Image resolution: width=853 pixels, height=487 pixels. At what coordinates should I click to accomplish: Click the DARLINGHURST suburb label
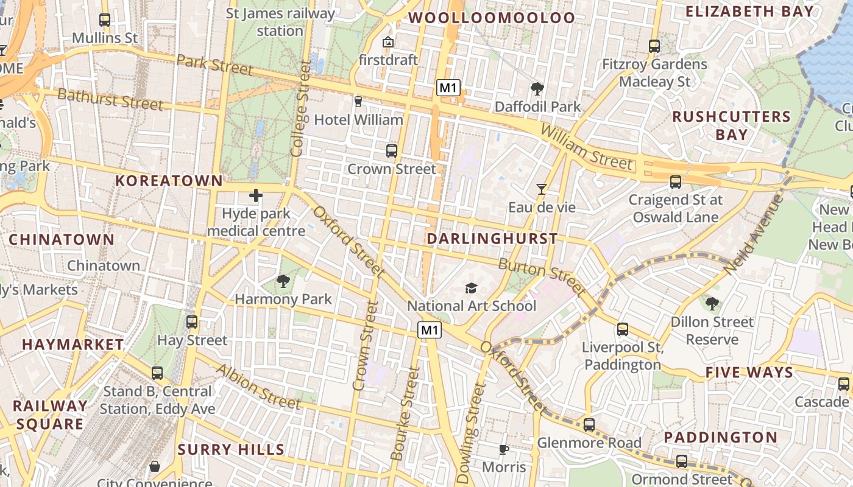492,239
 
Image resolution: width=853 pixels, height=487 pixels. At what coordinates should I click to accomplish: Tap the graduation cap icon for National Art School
471,288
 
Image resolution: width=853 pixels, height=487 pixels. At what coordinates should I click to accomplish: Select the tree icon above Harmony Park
283,281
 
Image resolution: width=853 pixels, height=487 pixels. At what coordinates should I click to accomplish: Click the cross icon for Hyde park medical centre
256,195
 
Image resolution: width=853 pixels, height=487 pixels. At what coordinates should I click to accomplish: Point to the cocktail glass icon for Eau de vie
541,189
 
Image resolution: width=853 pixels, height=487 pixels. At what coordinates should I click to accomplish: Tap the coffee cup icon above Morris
503,449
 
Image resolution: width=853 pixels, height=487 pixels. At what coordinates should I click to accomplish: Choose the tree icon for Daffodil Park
537,89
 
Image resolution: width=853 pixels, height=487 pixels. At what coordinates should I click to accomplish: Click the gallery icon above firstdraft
388,42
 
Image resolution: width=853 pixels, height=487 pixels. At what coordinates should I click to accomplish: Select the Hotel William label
358,120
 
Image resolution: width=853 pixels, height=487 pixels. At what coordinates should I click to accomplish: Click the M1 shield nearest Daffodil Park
448,88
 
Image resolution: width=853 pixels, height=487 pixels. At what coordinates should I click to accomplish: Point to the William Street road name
586,147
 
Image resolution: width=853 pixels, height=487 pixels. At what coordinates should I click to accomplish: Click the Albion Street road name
258,387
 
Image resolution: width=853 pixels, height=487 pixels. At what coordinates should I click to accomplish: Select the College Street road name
301,108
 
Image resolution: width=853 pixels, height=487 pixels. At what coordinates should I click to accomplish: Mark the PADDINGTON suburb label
720,437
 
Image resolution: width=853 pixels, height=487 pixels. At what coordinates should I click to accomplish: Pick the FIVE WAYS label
749,373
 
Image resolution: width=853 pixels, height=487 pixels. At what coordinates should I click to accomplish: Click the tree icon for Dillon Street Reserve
712,303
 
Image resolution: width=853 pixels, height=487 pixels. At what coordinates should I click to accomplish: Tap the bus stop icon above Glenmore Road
589,425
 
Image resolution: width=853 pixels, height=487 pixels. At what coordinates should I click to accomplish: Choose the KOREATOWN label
169,180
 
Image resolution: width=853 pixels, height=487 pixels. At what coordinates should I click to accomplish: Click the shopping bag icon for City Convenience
155,466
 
